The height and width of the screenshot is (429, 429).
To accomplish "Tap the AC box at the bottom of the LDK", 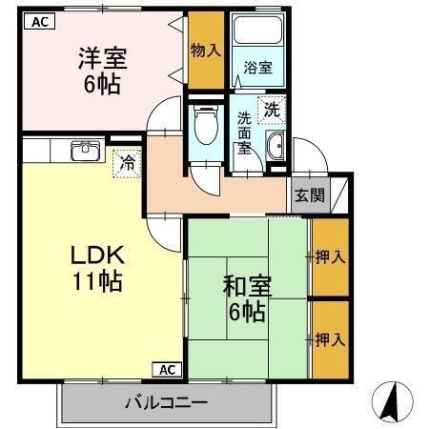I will click(166, 369).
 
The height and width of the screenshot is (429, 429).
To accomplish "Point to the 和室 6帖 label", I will click(245, 297).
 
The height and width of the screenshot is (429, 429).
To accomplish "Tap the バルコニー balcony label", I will click(166, 402).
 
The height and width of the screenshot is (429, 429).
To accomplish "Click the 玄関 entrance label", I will click(308, 196).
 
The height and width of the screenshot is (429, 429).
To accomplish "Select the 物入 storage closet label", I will click(205, 50).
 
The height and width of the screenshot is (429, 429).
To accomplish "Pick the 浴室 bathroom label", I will click(257, 69).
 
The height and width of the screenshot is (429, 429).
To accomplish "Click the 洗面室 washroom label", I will click(245, 133).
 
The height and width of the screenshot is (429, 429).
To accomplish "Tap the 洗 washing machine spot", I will click(272, 109).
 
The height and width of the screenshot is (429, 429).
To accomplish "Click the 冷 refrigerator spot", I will click(125, 163).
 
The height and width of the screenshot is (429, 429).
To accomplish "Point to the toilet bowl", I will click(203, 125).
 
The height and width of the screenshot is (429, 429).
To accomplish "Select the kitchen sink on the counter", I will click(86, 151).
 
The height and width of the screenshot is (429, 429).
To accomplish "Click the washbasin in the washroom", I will click(276, 147).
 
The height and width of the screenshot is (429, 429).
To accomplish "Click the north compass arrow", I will click(389, 401).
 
